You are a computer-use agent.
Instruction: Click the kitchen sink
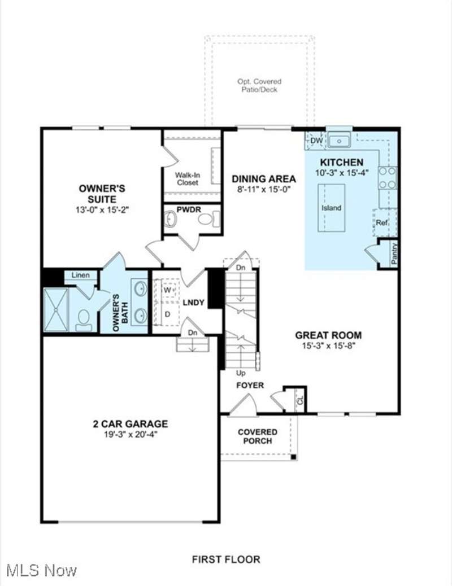(339, 141)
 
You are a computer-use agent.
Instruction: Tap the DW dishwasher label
(316, 141)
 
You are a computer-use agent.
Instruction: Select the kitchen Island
(332, 208)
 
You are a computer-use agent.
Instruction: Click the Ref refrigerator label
(381, 223)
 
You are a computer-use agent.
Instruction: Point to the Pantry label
(394, 253)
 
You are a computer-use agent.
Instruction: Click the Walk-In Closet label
(188, 178)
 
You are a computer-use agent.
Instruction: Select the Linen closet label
(81, 275)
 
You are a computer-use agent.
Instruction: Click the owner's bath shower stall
(56, 309)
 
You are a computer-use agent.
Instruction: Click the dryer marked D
(167, 314)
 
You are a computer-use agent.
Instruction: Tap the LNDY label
(193, 303)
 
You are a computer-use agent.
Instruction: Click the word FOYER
(250, 386)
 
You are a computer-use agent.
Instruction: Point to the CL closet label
(301, 401)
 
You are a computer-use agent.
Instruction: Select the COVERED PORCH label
(258, 436)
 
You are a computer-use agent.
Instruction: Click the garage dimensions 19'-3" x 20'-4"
(131, 435)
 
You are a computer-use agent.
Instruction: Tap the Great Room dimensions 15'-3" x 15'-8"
(328, 346)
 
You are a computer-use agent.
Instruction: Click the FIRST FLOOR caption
(226, 559)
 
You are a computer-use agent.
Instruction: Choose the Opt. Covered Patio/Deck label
(259, 85)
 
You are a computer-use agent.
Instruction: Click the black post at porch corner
(294, 457)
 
